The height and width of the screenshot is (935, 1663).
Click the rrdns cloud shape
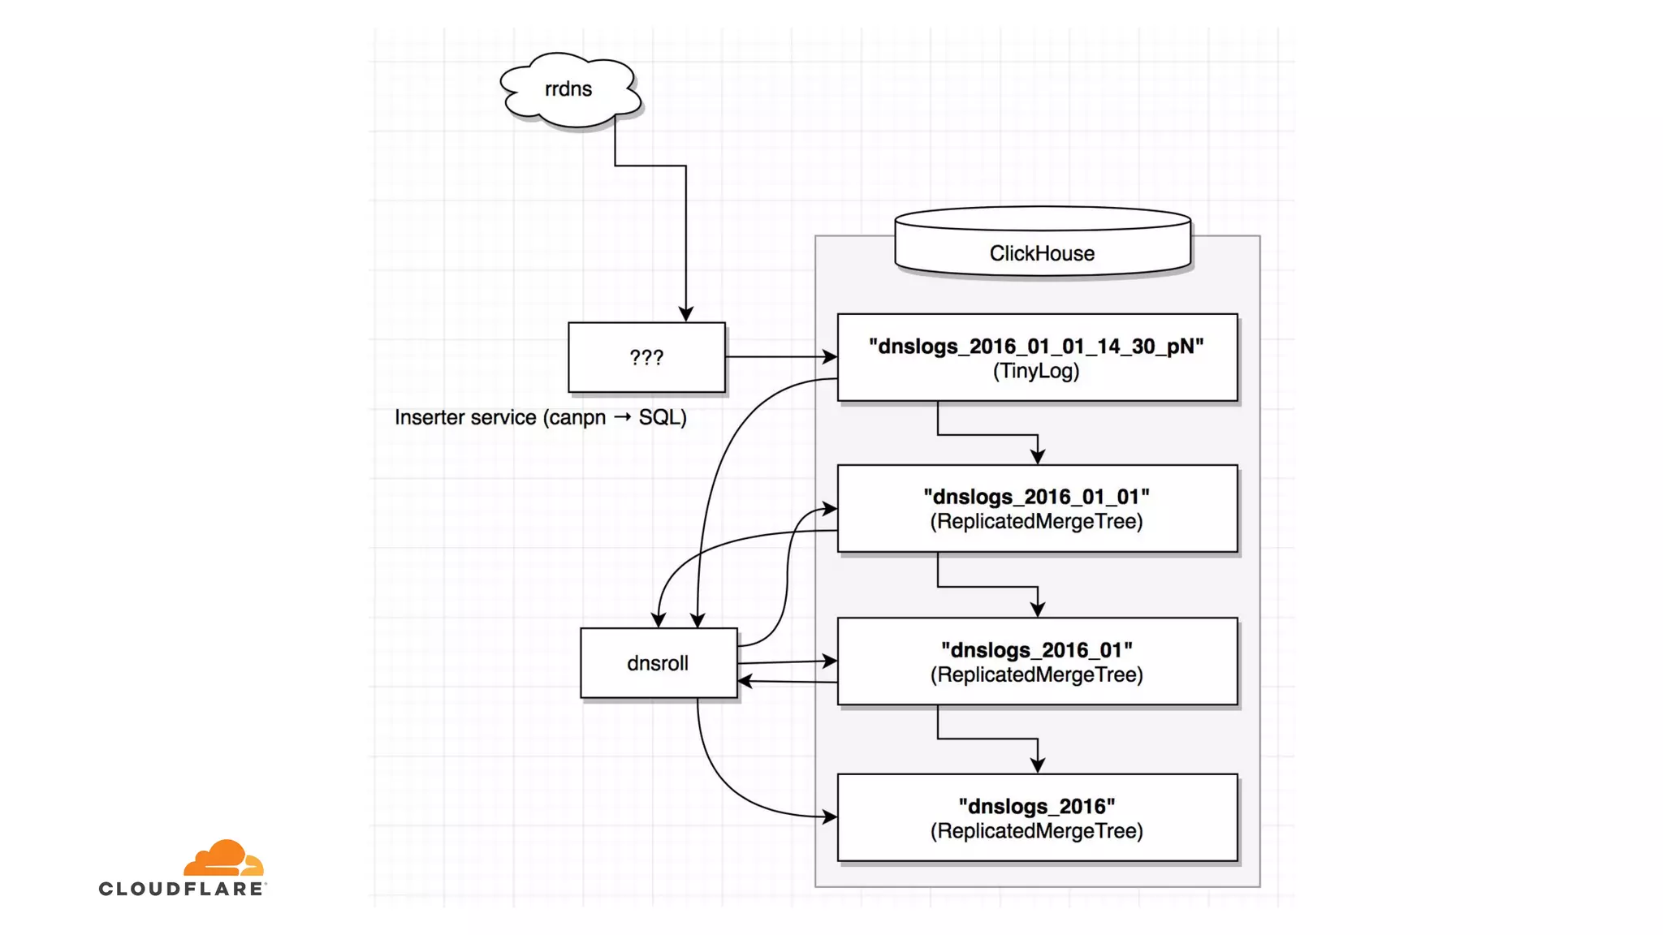tap(568, 89)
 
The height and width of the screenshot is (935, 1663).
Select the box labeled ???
tap(646, 357)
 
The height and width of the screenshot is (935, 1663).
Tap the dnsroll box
tap(658, 663)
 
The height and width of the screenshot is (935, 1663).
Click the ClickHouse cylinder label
tap(1042, 253)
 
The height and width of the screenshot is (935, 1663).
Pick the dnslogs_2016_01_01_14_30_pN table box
tap(1037, 358)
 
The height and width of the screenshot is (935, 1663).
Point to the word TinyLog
tap(1036, 372)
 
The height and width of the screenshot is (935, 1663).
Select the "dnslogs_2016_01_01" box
tap(1037, 509)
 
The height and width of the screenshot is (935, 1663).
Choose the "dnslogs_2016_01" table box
tap(1037, 661)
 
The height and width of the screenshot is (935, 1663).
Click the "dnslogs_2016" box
tap(1037, 817)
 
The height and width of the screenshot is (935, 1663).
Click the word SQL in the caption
tap(658, 417)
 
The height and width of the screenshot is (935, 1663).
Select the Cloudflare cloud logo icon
tap(223, 859)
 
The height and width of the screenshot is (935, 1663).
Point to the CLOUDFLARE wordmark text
tap(182, 889)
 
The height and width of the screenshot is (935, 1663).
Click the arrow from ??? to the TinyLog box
tap(780, 356)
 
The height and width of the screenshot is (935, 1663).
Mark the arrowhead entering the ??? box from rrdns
tap(686, 314)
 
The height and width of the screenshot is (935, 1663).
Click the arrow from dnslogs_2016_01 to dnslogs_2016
tap(987, 739)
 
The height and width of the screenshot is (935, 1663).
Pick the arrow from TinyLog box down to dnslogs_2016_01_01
tap(987, 435)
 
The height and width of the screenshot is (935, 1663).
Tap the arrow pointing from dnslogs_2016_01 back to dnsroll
tap(788, 682)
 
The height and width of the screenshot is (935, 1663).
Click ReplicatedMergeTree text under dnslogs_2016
tap(1036, 831)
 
